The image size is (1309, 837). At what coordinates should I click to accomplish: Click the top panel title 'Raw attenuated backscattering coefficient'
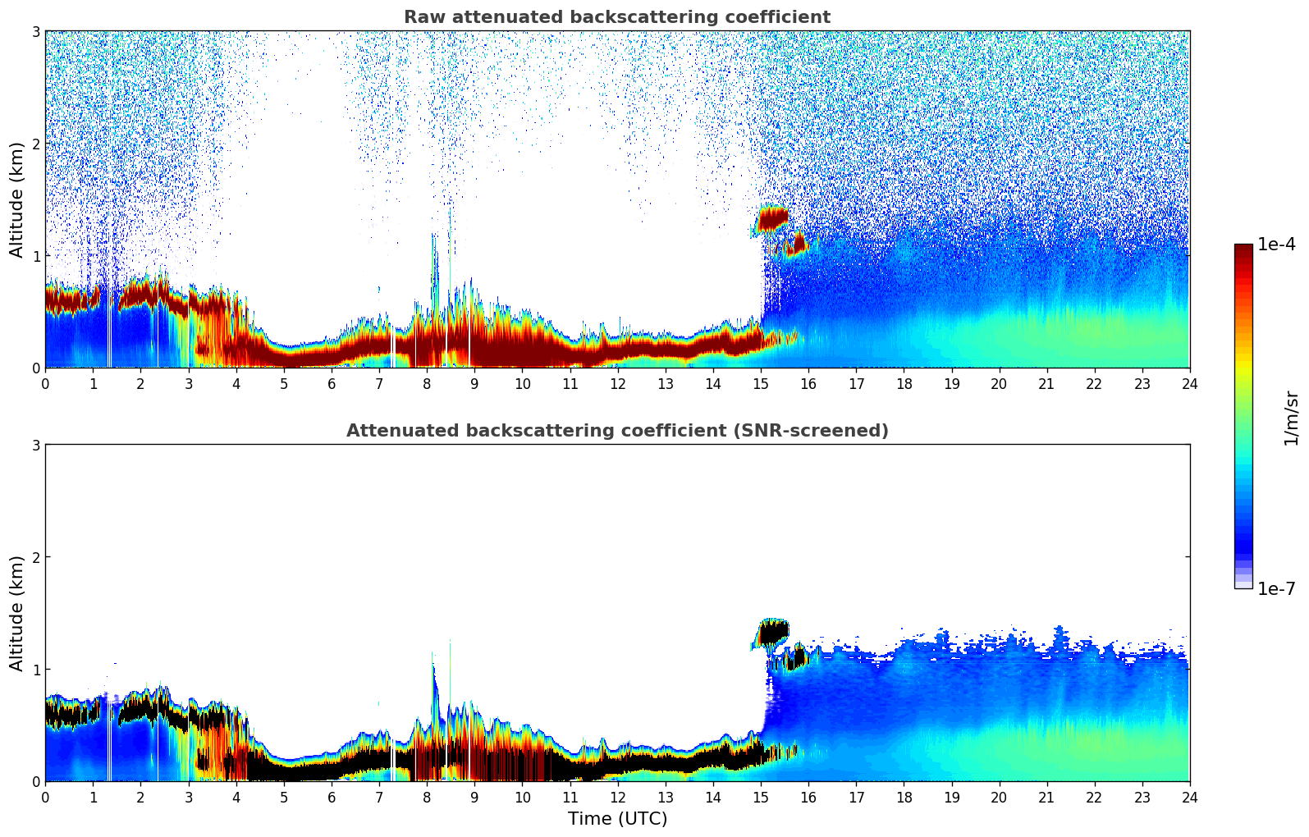[616, 17]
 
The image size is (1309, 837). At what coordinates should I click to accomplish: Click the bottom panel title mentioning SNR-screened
[616, 431]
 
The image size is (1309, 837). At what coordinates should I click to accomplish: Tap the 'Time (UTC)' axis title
[617, 819]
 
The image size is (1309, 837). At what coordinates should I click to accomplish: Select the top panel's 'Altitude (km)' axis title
[16, 199]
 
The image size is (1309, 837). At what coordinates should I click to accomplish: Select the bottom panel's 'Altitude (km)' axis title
[16, 613]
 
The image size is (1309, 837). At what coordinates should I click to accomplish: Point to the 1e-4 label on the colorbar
[1276, 245]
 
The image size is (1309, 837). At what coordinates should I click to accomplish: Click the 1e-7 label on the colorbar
[1276, 588]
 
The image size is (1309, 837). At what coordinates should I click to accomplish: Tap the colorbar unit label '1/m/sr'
[1291, 418]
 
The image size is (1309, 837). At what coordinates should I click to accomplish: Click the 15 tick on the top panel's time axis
[761, 383]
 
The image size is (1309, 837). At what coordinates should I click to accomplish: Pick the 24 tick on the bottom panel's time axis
[1189, 797]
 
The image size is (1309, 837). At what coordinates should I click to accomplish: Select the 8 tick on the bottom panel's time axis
[427, 797]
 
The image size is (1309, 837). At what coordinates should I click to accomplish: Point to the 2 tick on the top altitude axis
[36, 144]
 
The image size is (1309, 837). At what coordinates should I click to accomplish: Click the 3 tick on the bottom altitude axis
[36, 445]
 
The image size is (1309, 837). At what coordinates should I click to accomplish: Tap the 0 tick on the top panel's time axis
[45, 383]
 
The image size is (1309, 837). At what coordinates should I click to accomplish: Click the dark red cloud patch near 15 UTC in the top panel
[772, 218]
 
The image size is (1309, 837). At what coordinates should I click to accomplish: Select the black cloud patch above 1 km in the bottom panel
[772, 632]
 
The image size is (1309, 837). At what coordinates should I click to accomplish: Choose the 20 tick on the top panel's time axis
[999, 383]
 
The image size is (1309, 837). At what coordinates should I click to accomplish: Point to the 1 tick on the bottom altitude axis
[36, 670]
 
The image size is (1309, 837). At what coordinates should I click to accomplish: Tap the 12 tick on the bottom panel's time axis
[617, 797]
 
